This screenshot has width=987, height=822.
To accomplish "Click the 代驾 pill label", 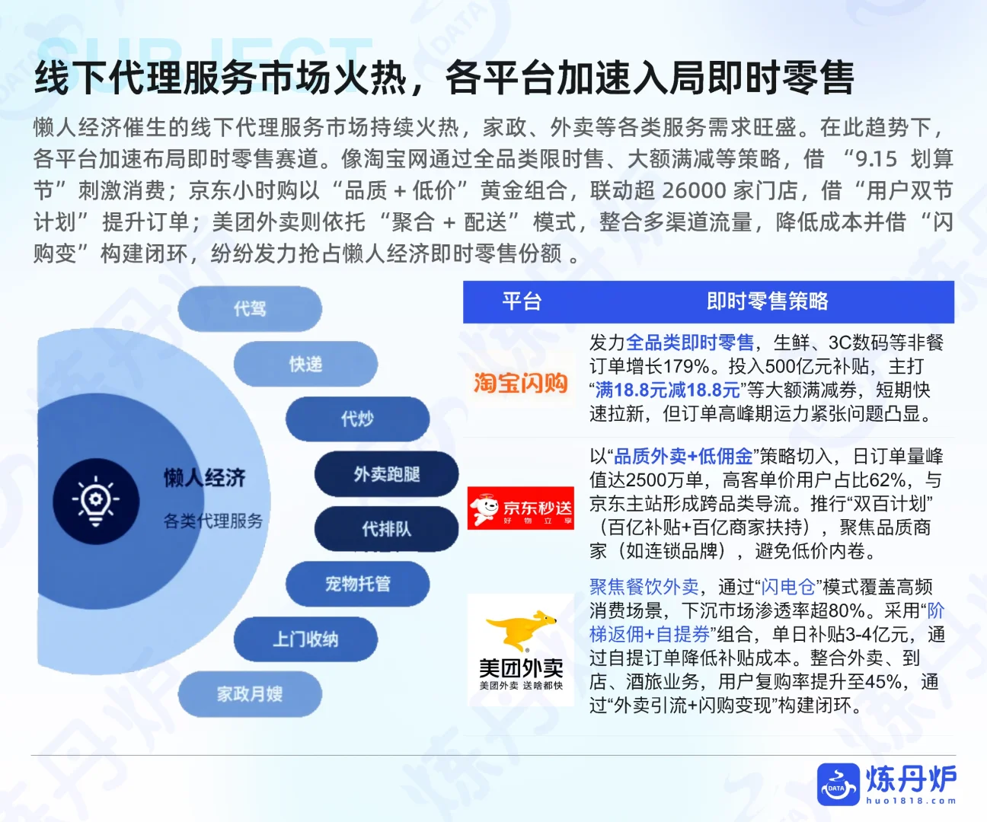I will [x=250, y=308].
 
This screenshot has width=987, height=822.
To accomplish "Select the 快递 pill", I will [x=305, y=365].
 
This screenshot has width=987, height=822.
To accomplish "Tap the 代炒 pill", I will [x=357, y=419].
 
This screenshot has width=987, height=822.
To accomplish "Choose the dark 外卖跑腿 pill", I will [x=386, y=474].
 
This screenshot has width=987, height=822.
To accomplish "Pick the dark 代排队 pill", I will [x=386, y=529].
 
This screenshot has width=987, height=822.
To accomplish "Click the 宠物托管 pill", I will [x=357, y=584].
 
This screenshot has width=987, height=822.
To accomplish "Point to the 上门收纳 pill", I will [x=305, y=639].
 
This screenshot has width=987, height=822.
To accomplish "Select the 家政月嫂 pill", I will [x=250, y=694].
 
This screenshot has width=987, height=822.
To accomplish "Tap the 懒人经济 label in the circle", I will [x=204, y=478].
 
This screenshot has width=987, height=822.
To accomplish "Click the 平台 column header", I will [x=522, y=302].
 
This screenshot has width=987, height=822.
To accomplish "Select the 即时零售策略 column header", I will [x=767, y=302].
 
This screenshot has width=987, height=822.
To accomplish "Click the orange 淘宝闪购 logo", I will [x=521, y=382].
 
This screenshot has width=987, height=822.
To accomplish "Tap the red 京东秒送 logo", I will [x=521, y=508].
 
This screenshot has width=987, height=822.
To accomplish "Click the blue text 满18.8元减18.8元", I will [x=668, y=390].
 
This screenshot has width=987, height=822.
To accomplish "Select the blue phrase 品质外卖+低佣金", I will [x=683, y=457].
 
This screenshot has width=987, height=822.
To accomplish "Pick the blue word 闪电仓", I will [x=788, y=587].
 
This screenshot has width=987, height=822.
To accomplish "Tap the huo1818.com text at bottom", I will [x=911, y=800].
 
